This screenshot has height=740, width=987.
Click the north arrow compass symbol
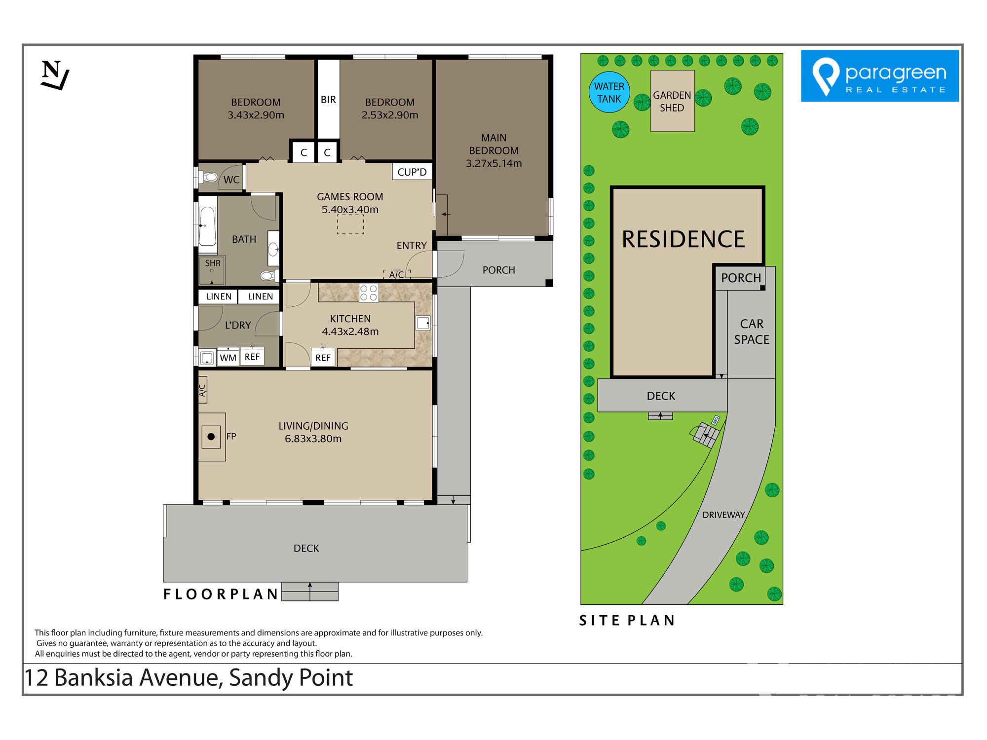click(x=54, y=75)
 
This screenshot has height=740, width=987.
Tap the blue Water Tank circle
click(x=609, y=92)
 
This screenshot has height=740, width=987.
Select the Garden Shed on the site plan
click(x=672, y=101)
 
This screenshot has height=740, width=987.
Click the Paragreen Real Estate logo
click(x=879, y=76)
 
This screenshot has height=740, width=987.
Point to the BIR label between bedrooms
click(x=328, y=100)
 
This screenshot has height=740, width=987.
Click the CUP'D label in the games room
click(x=412, y=172)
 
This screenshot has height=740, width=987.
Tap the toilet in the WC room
click(x=209, y=177)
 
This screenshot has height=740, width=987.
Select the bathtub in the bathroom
click(x=207, y=226)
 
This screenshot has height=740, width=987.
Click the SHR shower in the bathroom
click(x=212, y=270)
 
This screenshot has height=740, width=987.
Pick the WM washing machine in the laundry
click(x=228, y=357)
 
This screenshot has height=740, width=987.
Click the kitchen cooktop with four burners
click(x=369, y=293)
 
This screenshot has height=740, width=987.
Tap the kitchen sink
click(x=423, y=323)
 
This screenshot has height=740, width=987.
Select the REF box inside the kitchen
click(x=323, y=358)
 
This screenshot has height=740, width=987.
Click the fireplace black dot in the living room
click(x=211, y=437)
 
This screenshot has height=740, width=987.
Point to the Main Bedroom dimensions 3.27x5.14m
click(x=494, y=163)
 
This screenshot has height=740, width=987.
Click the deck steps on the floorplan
click(x=310, y=592)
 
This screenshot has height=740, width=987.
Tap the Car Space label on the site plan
click(x=752, y=332)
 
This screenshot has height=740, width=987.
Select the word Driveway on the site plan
click(x=723, y=515)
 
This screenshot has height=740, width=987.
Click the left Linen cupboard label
click(x=219, y=296)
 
